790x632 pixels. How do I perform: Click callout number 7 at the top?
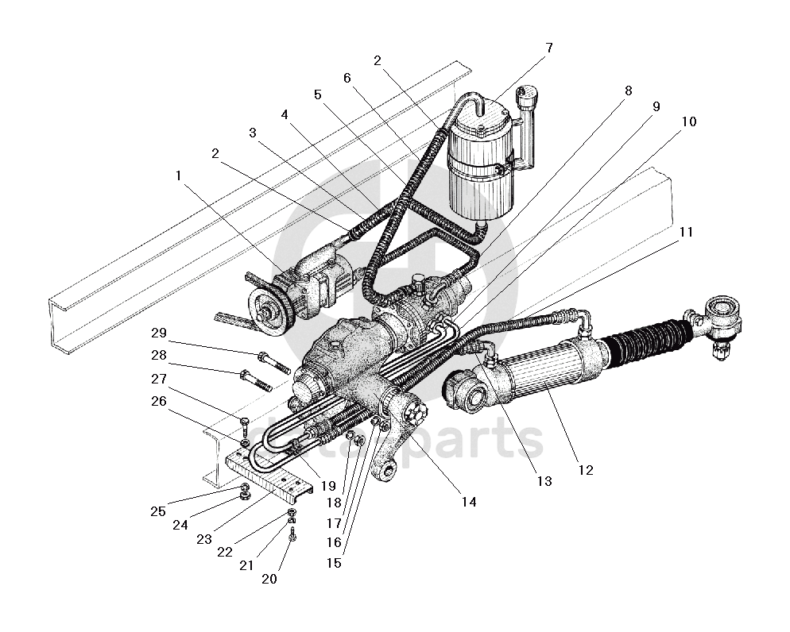tap(548, 48)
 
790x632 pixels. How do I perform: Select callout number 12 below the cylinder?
tap(585, 470)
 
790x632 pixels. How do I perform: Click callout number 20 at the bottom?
tap(269, 579)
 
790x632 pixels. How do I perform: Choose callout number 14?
tap(469, 502)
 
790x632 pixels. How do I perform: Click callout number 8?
tap(628, 91)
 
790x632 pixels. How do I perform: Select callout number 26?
tap(159, 402)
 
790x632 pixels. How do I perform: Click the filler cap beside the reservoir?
tap(525, 102)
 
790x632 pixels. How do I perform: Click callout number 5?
tap(318, 94)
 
